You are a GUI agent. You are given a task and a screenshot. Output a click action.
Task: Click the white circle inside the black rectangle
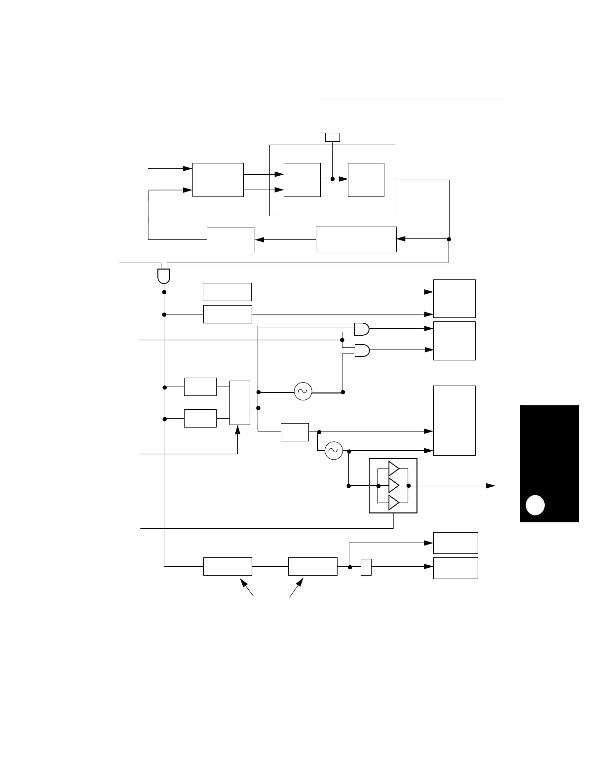pos(535,505)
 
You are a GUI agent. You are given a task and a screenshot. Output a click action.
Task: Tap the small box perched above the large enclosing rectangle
pos(332,137)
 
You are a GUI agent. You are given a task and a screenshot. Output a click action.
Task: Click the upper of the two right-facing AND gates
pos(362,328)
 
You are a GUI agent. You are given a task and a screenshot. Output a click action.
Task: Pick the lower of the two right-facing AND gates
pos(362,350)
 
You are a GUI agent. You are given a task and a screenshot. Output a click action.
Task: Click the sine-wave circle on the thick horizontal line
pos(303,391)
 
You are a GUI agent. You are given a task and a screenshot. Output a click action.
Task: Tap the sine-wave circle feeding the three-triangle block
pos(334,450)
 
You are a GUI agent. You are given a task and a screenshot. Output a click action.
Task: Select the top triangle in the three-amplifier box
pos(393,468)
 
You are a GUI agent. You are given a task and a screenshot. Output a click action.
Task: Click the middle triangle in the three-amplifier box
pos(393,486)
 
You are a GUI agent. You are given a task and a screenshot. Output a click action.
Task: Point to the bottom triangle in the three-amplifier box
pos(393,503)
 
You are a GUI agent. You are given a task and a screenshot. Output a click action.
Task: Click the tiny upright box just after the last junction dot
pos(366,567)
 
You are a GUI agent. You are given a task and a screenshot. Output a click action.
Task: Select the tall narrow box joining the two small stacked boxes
pos(240,403)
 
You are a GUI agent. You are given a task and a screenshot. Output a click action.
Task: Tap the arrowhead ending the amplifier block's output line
pos(491,486)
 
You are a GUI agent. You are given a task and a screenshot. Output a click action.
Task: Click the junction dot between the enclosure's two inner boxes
pos(332,179)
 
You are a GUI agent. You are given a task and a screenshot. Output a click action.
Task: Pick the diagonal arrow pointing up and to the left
pos(247,588)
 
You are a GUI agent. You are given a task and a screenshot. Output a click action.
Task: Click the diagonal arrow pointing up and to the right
pos(296,588)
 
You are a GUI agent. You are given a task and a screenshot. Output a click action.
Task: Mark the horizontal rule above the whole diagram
pos(411,100)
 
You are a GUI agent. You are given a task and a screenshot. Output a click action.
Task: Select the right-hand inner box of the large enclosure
pos(366,180)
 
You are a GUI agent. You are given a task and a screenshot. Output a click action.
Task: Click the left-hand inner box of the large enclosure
pos(302,180)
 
